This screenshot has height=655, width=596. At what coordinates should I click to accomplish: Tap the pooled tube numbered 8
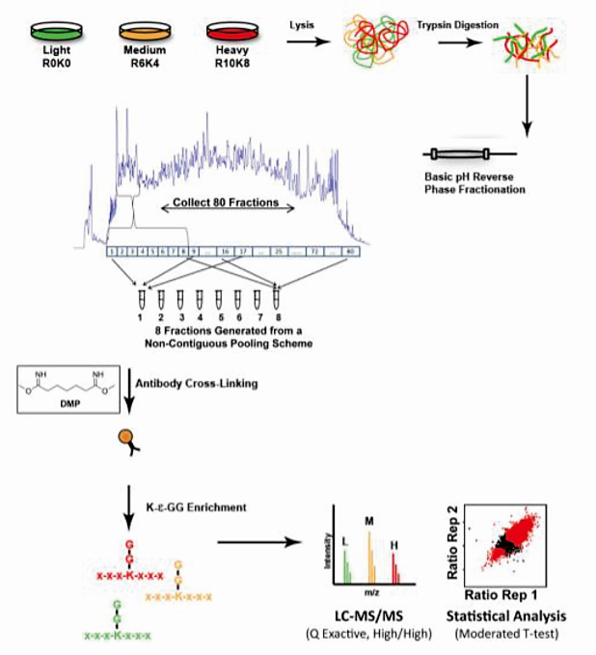(277, 297)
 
